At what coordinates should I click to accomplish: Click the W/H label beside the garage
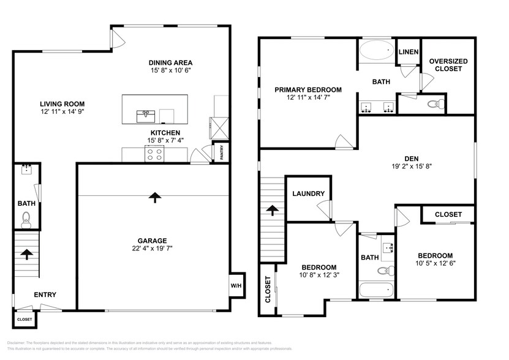tap(236, 285)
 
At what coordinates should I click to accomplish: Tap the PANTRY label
tap(222, 153)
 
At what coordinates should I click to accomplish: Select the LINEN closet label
tap(408, 52)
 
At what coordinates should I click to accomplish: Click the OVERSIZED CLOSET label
tap(449, 65)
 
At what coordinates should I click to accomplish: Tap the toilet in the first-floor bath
tap(26, 218)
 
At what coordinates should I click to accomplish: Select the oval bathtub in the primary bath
tap(377, 51)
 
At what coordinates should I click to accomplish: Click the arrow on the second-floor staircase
tap(271, 211)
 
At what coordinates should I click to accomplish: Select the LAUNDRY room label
tap(308, 194)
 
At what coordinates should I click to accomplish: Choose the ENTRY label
tap(45, 294)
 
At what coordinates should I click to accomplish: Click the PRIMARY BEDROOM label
tap(307, 89)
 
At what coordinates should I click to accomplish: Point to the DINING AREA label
tap(171, 62)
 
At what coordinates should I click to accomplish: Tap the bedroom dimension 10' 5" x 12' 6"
tap(435, 264)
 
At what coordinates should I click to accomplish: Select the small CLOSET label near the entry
tap(25, 319)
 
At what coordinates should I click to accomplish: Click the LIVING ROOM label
tap(62, 103)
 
